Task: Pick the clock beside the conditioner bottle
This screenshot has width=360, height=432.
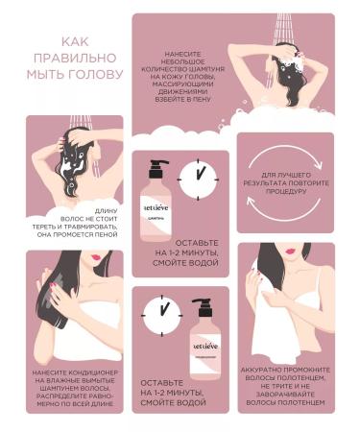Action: (159, 313)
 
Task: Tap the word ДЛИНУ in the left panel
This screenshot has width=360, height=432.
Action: (107, 209)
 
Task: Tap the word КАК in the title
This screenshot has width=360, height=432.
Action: (76, 41)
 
